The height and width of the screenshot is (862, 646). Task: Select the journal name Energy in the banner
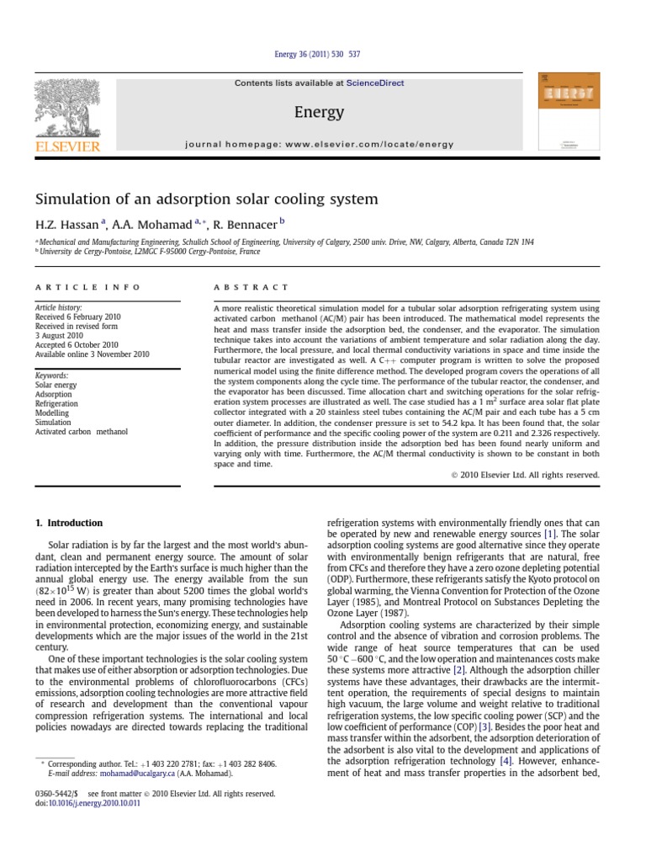(319, 112)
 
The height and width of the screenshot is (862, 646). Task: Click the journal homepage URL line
(319, 145)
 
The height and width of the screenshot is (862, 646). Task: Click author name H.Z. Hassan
(66, 225)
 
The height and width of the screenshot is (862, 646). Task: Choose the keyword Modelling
(53, 413)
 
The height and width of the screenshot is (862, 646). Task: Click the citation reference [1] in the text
(549, 534)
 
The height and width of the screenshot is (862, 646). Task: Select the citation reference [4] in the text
(506, 761)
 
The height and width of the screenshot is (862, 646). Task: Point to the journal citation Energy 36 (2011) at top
(318, 55)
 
